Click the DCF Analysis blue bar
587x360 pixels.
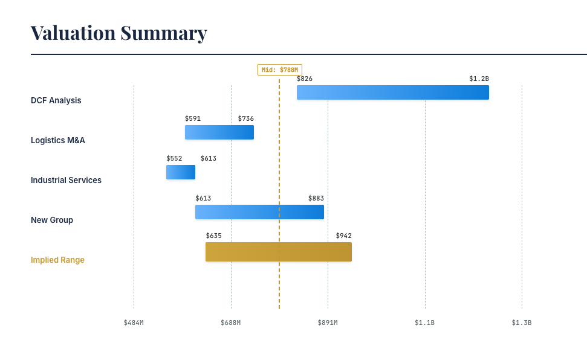[x=392, y=92]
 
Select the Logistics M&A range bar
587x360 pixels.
[x=219, y=132]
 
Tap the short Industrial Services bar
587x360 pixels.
[x=180, y=172]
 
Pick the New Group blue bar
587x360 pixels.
[x=259, y=212]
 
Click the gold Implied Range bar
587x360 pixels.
[x=278, y=252]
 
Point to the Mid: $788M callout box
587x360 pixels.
[x=279, y=69]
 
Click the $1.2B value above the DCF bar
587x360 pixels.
[x=479, y=79]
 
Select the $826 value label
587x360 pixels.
[x=305, y=79]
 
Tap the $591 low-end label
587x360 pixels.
[x=193, y=118]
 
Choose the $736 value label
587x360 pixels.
[x=245, y=118]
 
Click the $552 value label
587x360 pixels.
[x=174, y=158]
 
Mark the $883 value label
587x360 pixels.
[x=316, y=198]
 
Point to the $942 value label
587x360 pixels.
[x=343, y=236]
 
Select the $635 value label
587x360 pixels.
[x=213, y=236]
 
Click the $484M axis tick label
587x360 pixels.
[x=134, y=323]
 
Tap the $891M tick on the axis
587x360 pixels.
[x=328, y=323]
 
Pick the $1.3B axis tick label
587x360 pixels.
[x=522, y=323]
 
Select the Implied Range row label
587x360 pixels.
[x=57, y=260]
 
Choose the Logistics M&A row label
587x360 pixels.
[x=58, y=140]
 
